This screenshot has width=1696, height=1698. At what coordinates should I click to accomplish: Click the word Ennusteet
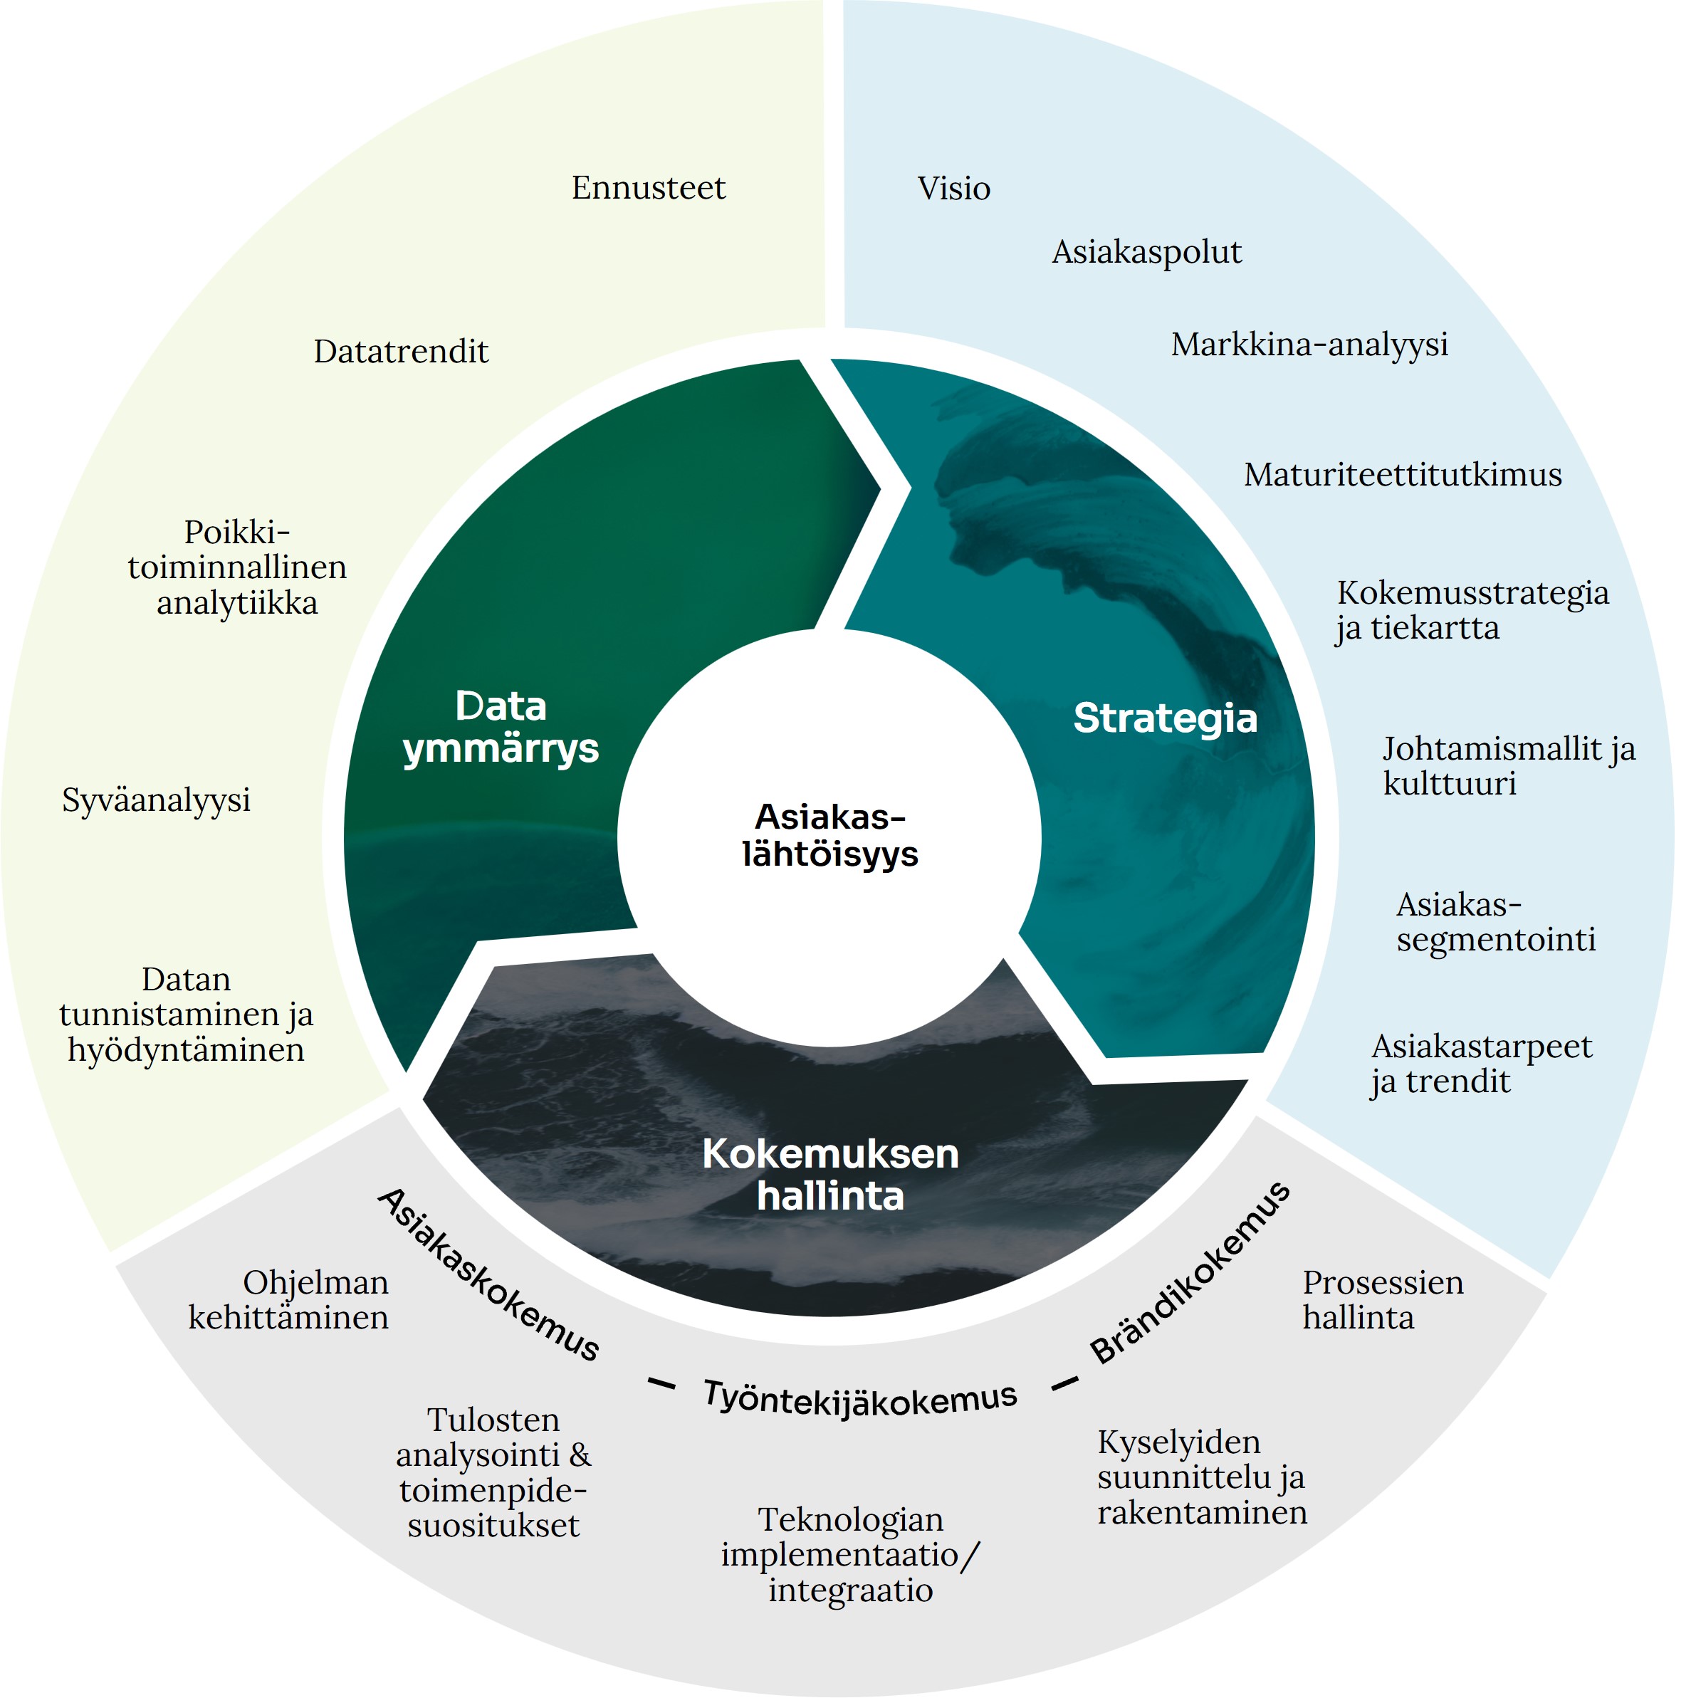tap(649, 187)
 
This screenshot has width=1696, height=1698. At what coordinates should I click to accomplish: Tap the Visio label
tap(953, 188)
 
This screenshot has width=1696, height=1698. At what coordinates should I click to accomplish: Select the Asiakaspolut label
tap(1147, 252)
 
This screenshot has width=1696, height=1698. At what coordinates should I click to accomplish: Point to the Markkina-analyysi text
tap(1309, 345)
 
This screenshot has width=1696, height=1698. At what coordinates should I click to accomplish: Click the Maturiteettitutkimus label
tap(1403, 475)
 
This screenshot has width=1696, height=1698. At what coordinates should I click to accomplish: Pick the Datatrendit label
tap(401, 352)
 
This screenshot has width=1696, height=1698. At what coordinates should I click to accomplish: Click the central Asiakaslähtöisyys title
tap(829, 835)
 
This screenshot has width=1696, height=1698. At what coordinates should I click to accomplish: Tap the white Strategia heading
tap(1166, 718)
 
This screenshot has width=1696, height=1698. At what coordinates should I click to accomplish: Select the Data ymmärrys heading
tap(501, 728)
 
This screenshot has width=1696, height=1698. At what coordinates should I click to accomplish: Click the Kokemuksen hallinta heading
tap(830, 1174)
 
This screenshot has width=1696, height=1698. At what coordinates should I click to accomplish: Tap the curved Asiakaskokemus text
tap(488, 1274)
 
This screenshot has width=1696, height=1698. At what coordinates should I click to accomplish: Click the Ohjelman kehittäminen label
tap(288, 1300)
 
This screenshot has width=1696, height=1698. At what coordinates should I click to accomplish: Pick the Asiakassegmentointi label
tap(1496, 922)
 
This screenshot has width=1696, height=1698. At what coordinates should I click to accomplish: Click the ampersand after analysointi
tap(580, 1455)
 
